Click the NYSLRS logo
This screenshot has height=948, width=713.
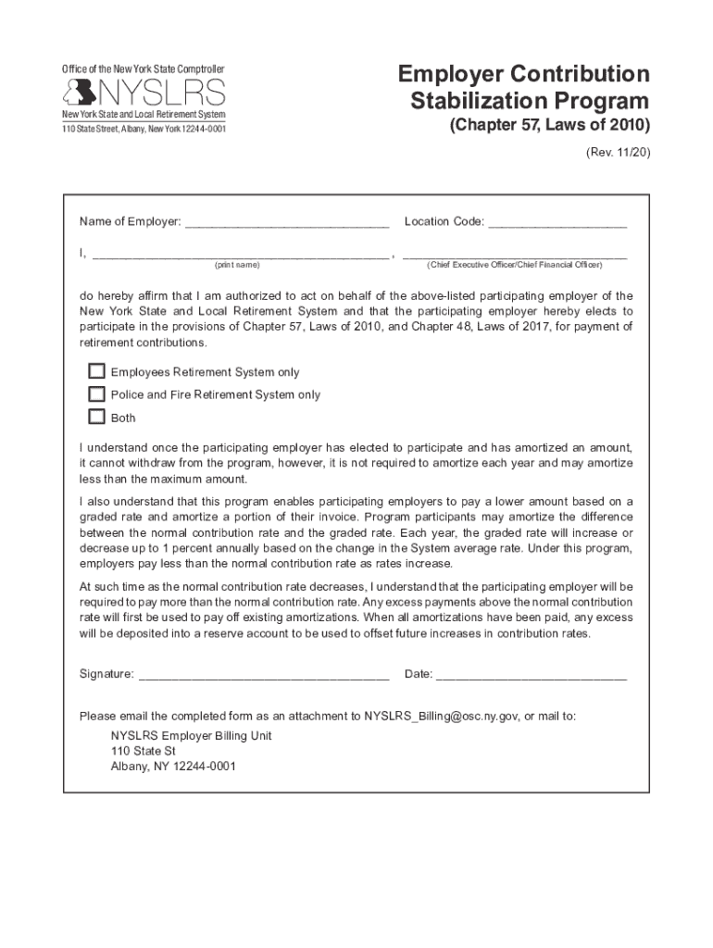tap(144, 92)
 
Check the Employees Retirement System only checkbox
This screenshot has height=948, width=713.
tap(96, 371)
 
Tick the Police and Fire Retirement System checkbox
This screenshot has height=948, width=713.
tap(96, 393)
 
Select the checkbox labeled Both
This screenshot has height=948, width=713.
tap(96, 417)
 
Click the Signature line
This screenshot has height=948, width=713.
tap(263, 675)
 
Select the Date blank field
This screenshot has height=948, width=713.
tap(532, 675)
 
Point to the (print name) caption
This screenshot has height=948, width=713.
tap(237, 265)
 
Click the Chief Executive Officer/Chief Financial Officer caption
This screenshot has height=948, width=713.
tap(515, 265)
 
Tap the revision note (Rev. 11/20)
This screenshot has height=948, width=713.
tap(618, 152)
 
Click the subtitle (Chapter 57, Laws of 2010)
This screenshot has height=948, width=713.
tap(549, 126)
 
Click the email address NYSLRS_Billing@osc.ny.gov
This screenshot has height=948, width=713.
tap(442, 716)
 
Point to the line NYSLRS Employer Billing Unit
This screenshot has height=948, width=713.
tap(191, 736)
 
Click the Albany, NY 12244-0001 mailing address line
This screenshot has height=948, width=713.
tap(173, 767)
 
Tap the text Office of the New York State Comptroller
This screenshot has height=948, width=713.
tap(143, 69)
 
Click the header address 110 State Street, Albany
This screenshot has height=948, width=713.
tap(144, 128)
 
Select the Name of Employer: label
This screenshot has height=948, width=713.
tap(130, 222)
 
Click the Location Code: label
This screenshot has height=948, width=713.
tap(444, 222)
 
